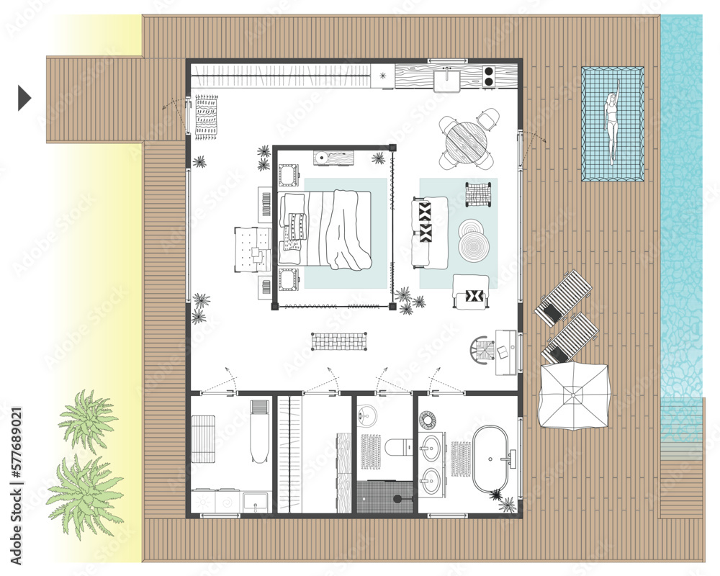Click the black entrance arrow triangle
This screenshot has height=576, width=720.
24,98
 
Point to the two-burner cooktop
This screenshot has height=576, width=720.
490,76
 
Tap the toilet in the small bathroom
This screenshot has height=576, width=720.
396,449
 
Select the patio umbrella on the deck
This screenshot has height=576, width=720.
573,394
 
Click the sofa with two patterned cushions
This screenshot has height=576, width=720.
429,232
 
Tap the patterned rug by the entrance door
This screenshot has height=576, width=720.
205,116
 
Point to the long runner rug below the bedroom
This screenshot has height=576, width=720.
338,341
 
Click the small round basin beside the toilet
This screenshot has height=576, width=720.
366,416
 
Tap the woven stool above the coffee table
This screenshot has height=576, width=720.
477,194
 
